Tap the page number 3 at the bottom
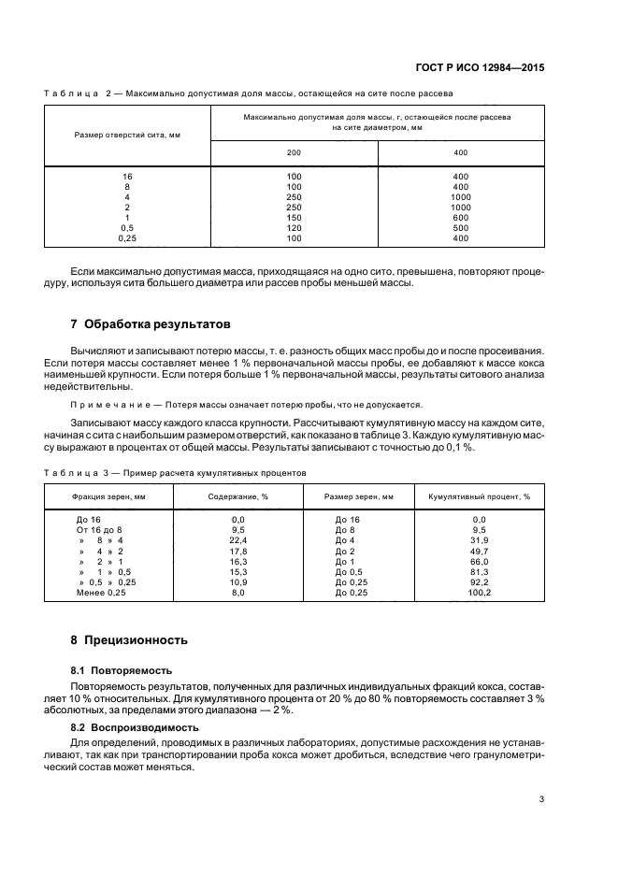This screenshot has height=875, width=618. point(541,799)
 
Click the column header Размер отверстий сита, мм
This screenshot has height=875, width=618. point(127,136)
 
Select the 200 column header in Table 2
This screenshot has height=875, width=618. point(295,152)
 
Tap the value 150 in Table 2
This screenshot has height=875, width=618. point(295,218)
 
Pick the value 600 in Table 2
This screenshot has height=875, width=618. point(460,218)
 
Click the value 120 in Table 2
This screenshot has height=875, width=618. point(295,228)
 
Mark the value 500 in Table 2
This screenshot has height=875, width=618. point(460,228)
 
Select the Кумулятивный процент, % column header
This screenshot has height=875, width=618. point(480,497)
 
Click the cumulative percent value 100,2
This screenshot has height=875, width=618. point(480,593)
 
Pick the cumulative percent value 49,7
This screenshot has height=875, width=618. point(480,551)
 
